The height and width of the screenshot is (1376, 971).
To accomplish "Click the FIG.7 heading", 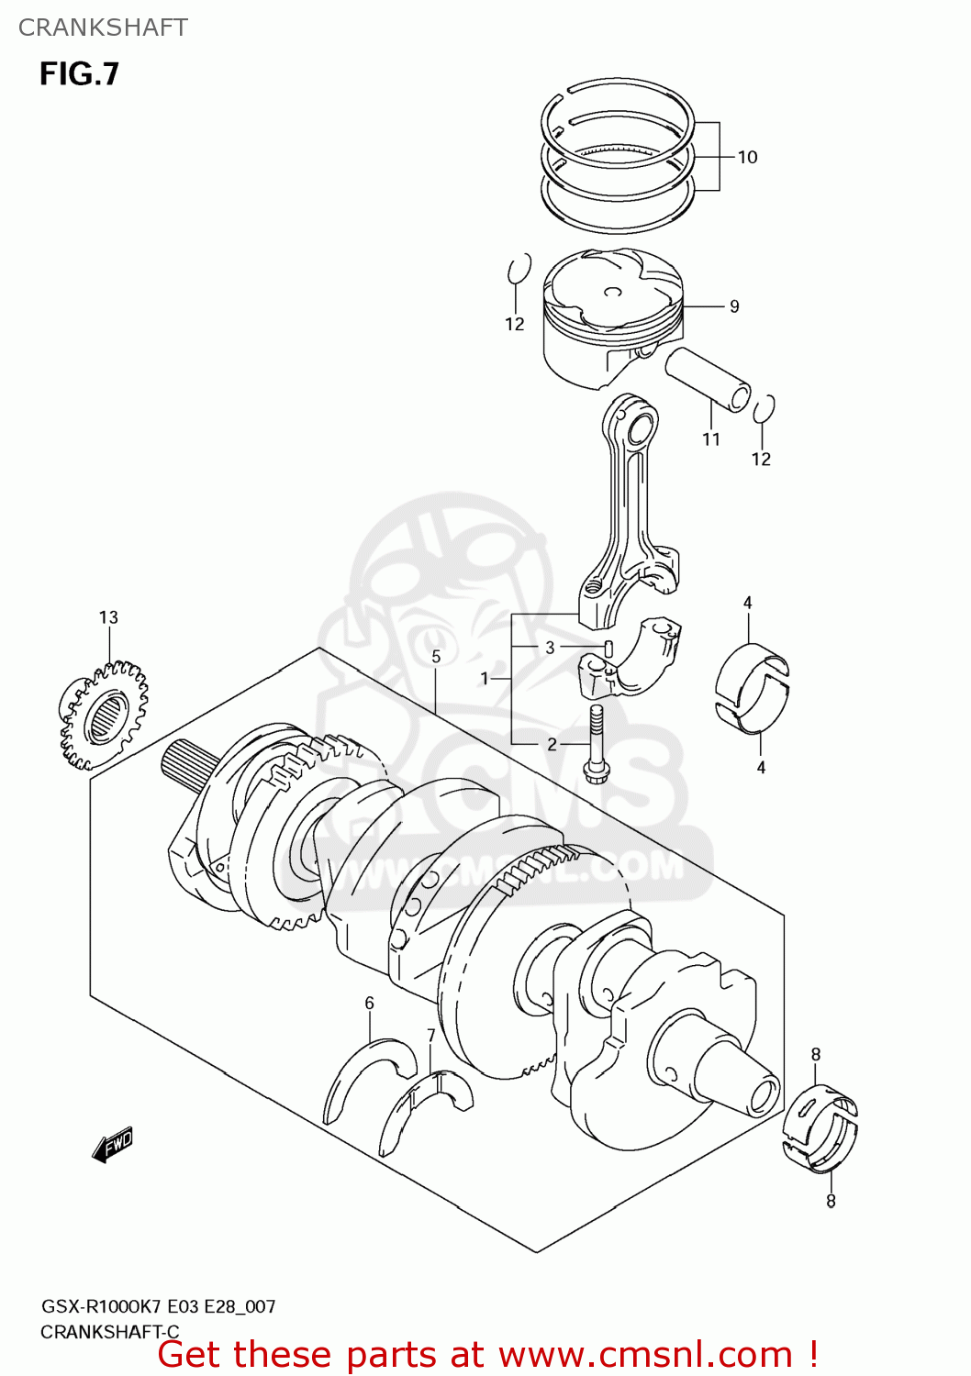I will pos(79,74).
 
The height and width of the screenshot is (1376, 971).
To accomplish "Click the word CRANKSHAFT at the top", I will pos(103,28).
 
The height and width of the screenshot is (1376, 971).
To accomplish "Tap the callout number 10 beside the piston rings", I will pos(747,157).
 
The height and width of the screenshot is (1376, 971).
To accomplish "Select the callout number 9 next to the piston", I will pos(734,306).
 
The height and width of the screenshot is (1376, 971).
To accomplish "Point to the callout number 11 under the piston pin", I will pos(711,439).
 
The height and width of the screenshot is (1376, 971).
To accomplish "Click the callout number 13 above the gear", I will pos(108,617).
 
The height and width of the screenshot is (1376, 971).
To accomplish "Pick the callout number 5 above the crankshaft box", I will pos(436,656).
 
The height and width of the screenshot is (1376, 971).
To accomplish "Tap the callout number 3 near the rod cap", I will pos(550,647).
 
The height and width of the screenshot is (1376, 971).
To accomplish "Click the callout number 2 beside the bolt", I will pos(552,744).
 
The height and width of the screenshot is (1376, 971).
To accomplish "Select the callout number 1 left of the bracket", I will pos(485,679).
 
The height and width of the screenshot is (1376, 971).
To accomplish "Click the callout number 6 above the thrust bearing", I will pos(369,1003).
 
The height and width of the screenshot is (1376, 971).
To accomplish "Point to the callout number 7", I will pos(431,1036).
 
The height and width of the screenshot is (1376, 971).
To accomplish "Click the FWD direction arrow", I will pos(113,1145).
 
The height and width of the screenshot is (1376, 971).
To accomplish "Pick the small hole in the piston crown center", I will pos(612,293).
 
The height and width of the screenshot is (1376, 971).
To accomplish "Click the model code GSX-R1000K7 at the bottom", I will pos(101,1306).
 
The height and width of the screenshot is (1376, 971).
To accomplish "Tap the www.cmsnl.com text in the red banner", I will pos(645,1355).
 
